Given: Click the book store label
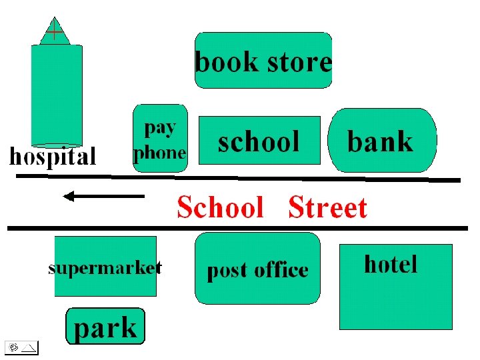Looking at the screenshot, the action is (263, 61).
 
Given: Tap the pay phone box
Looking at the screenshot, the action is (159, 138).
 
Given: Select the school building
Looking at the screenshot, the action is (259, 141).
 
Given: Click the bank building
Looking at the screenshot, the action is (383, 141).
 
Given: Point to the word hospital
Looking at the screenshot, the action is (52, 157).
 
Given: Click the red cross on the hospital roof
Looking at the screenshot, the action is (55, 30).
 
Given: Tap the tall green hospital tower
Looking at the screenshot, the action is (57, 93).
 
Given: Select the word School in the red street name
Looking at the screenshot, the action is (221, 208).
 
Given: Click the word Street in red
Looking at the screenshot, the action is (327, 208).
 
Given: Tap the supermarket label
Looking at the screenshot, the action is (105, 268).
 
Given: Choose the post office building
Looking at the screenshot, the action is (257, 268).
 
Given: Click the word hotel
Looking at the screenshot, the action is (391, 265).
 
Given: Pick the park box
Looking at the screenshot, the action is (105, 326).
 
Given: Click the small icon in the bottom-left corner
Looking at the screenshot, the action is (21, 347).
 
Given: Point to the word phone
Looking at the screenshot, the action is (159, 153).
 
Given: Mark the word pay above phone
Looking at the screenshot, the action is (160, 127).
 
